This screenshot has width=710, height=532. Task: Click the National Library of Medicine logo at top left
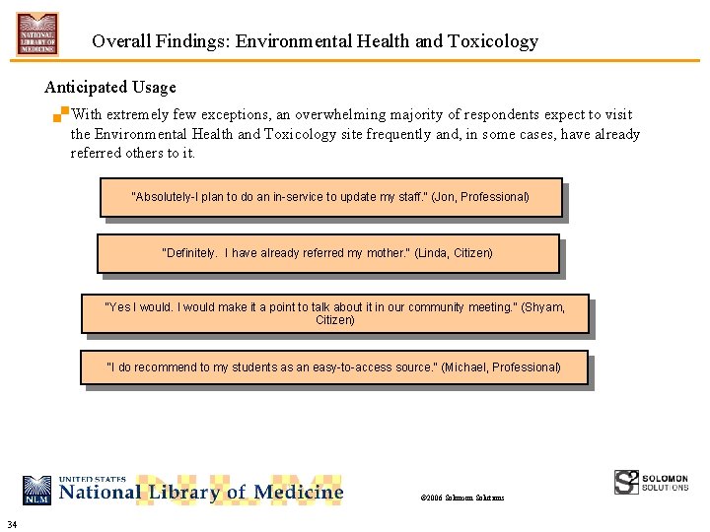pyautogui.click(x=37, y=34)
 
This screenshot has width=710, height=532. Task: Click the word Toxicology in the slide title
pyautogui.click(x=491, y=41)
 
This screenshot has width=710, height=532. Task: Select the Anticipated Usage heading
pyautogui.click(x=110, y=88)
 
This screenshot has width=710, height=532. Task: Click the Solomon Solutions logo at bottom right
pyautogui.click(x=651, y=482)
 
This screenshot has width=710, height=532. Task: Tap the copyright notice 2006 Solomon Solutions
pyautogui.click(x=462, y=498)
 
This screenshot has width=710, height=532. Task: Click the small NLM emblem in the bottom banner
pyautogui.click(x=37, y=490)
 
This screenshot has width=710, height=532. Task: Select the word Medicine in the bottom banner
pyautogui.click(x=299, y=492)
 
